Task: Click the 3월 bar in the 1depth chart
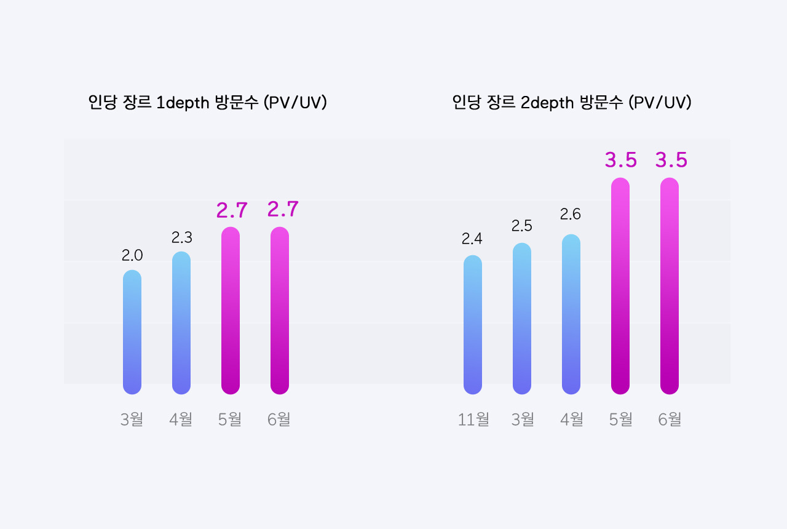(132, 332)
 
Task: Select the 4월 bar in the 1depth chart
(181, 323)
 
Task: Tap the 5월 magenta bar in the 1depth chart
(231, 311)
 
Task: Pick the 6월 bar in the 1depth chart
(280, 311)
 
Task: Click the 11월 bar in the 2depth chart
(473, 325)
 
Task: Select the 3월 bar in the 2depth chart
(522, 319)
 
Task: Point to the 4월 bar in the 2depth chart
(571, 314)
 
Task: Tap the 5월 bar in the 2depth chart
(620, 286)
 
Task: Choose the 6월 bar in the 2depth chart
(670, 286)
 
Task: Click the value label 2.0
(132, 255)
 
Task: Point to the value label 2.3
(182, 237)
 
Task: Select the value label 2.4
(472, 239)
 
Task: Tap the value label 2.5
(522, 226)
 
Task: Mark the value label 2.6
(571, 215)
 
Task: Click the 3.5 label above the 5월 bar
(621, 161)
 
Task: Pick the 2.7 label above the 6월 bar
(283, 210)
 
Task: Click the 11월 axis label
(473, 420)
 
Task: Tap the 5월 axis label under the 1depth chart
(230, 420)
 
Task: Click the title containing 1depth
(207, 103)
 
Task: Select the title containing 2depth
(572, 103)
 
